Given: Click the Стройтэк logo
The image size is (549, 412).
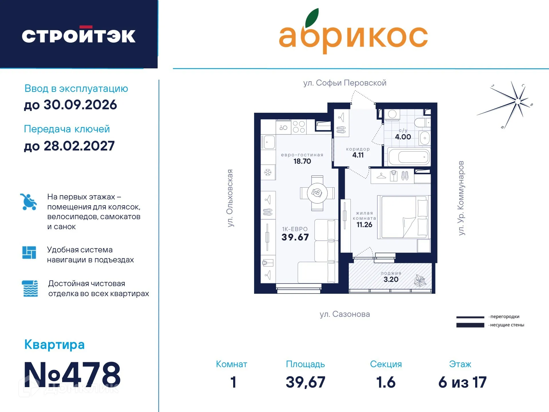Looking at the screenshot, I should (79, 35).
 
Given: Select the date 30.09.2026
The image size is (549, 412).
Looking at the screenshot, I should (80, 105).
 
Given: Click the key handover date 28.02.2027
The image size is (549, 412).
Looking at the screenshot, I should (79, 146).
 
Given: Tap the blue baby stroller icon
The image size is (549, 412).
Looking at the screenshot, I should (29, 202).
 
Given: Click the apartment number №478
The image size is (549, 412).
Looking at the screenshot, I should (72, 375).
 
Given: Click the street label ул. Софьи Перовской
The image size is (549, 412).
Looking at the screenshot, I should (345, 83).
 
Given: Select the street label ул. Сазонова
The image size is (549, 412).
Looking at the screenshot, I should (345, 314).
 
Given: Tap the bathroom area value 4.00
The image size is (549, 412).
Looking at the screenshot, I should (403, 137).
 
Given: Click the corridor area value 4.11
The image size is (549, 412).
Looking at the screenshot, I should (358, 155).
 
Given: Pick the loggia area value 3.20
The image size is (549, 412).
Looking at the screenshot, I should (391, 280).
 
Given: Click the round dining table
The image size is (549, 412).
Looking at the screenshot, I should (317, 193).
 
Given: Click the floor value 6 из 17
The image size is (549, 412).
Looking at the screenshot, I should (462, 382).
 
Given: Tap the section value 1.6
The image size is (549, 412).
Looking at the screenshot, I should (386, 382).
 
